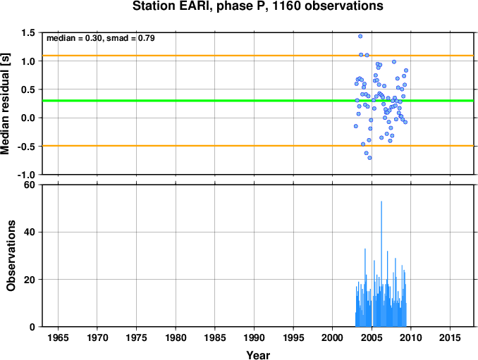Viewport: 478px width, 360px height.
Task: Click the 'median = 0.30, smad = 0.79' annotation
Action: pos(101,38)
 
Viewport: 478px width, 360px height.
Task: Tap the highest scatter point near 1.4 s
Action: pos(360,36)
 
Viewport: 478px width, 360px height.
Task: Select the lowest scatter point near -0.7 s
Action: pos(369,158)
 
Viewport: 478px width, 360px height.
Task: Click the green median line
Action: pos(258,101)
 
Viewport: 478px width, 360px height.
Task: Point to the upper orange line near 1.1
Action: pos(258,56)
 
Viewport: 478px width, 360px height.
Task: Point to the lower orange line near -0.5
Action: pos(258,146)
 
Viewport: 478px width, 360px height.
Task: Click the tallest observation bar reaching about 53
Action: pos(381,263)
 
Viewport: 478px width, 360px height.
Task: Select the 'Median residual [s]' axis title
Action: pos(5,104)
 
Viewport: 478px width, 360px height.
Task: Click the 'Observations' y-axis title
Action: pos(11,256)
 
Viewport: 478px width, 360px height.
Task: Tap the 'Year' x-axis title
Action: pos(258,355)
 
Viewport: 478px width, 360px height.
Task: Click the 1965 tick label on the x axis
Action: pos(58,337)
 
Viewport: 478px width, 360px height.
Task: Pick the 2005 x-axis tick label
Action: pos(372,337)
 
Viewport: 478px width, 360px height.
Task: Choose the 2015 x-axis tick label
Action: pos(450,337)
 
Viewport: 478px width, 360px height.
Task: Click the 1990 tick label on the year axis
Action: pos(254,337)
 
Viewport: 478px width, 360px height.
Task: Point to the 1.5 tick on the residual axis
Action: pos(28,32)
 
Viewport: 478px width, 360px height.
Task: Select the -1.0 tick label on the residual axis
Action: pos(26,175)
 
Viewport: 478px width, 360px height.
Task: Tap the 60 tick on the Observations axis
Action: pos(30,185)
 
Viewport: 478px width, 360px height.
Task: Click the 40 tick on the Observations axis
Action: pos(30,232)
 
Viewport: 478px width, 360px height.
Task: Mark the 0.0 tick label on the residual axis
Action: pos(28,118)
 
